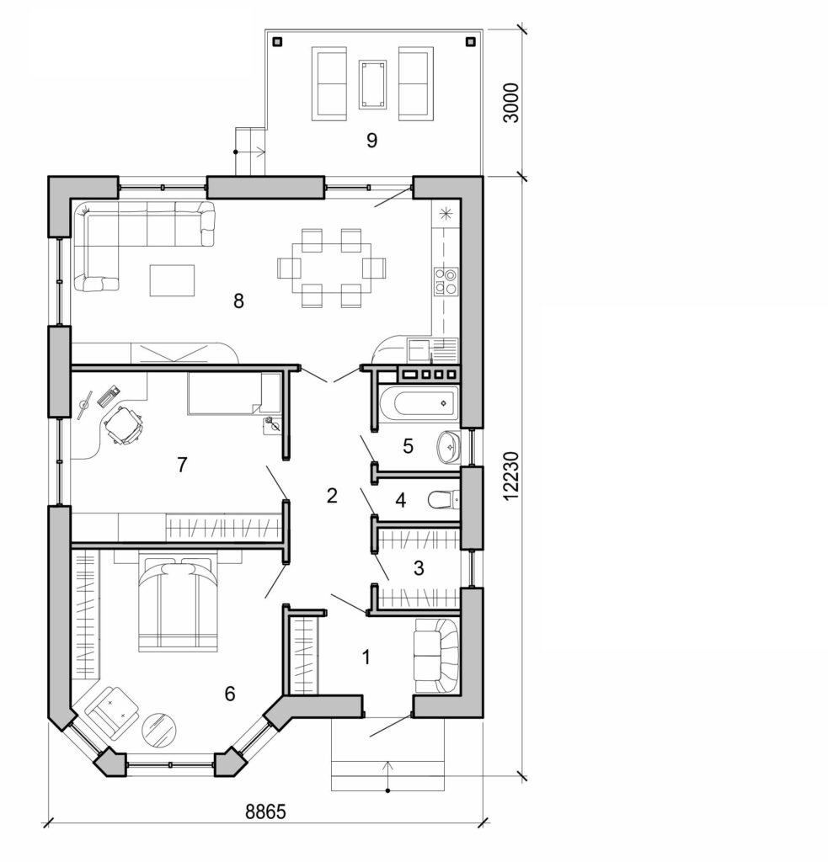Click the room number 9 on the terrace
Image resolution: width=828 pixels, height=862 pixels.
pyautogui.click(x=371, y=140)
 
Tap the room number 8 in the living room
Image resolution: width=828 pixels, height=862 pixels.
pyautogui.click(x=238, y=301)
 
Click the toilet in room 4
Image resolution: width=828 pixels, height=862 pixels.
pyautogui.click(x=444, y=501)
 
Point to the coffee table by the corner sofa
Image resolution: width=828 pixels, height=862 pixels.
pyautogui.click(x=172, y=280)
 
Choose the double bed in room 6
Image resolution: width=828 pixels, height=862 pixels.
pyautogui.click(x=178, y=603)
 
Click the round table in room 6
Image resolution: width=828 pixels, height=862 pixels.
pyautogui.click(x=159, y=728)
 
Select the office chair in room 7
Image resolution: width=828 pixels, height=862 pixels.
pyautogui.click(x=123, y=423)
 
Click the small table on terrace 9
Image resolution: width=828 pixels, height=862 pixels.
pyautogui.click(x=371, y=84)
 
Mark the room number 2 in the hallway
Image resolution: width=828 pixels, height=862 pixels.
pyautogui.click(x=332, y=495)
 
